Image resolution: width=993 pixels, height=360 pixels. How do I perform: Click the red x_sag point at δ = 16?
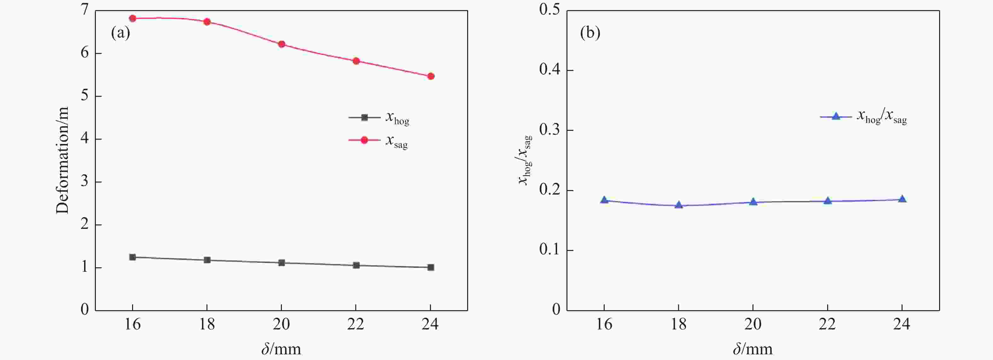133,18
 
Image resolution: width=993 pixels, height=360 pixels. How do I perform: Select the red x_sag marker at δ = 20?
282,44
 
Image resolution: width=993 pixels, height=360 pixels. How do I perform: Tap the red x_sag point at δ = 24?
431,76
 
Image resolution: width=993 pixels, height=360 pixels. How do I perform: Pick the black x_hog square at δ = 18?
207,260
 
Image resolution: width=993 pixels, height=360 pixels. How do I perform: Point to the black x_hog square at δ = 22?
356,265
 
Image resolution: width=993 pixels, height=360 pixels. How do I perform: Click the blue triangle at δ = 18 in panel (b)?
679,205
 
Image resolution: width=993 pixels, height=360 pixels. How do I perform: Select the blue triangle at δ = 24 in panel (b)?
902,199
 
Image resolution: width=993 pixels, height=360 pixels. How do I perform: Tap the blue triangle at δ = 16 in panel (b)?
604,200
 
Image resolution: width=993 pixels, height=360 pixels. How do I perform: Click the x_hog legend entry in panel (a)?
379,118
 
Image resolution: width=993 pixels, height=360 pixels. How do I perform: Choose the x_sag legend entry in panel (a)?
379,140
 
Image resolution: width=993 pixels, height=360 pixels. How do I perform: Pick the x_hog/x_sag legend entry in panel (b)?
863,116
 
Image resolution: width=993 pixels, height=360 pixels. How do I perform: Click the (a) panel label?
120,33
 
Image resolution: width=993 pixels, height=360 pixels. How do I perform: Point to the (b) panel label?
590,33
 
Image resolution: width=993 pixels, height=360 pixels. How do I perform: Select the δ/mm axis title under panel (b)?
752,349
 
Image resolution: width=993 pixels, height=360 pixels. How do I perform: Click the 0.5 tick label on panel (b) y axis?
550,10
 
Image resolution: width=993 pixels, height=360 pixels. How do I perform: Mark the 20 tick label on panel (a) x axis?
282,324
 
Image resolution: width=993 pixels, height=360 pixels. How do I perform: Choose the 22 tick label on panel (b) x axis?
827,324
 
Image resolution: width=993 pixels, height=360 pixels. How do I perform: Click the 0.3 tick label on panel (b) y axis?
550,130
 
